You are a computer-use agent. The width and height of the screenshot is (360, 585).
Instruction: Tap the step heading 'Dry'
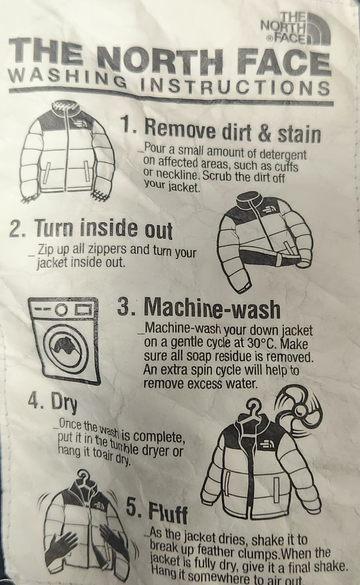[53, 404]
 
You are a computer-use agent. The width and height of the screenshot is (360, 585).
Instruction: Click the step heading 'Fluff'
[157, 507]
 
